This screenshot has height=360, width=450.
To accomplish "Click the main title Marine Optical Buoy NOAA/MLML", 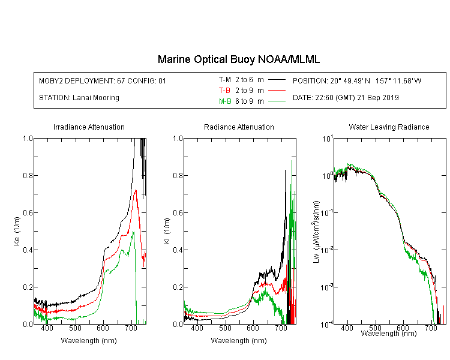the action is [x=238, y=59].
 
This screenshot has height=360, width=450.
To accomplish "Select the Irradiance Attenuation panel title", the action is [x=89, y=127].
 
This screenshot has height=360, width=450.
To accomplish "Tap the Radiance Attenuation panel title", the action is [x=239, y=127].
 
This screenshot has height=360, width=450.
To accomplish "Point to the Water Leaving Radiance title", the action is [x=389, y=127].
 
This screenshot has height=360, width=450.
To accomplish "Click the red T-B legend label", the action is [x=224, y=91].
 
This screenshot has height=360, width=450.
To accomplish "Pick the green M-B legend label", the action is [x=225, y=101].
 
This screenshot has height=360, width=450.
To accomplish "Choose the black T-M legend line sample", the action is [x=277, y=80].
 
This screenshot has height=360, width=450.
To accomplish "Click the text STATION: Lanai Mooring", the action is [x=79, y=98].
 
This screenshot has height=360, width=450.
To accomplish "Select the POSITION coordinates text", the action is [x=357, y=80].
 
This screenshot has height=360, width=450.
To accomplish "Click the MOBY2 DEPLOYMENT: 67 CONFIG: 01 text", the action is [x=103, y=80].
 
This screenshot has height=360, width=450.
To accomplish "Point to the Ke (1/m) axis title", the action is [x=17, y=231].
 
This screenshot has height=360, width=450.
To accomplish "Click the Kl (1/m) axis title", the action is [x=167, y=231].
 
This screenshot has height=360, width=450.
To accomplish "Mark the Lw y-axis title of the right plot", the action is [x=316, y=232].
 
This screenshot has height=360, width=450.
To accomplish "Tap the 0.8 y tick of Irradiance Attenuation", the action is [x=28, y=175].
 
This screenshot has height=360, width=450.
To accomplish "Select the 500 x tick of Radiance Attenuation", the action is [x=225, y=328].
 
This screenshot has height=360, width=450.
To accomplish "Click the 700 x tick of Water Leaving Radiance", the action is [x=430, y=328].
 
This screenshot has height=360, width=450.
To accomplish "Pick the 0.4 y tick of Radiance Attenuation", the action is [x=178, y=250].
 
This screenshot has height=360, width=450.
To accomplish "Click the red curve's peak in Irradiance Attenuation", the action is [x=136, y=190].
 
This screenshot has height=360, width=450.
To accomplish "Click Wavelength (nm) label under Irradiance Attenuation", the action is [x=89, y=341].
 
